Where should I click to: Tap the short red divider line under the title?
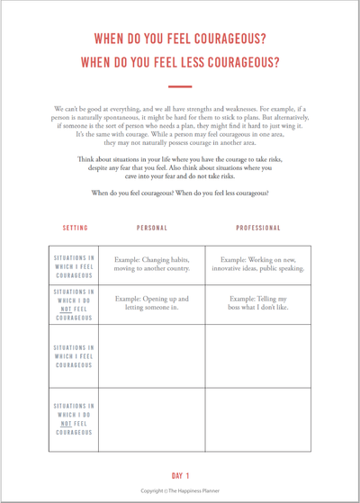click(x=180, y=87)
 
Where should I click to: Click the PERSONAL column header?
click(x=152, y=228)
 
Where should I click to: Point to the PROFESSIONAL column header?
click(x=258, y=228)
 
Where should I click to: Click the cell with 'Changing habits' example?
click(x=151, y=265)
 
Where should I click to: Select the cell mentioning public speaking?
click(x=258, y=265)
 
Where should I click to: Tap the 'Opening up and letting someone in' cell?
click(x=151, y=304)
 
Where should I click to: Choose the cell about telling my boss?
click(x=258, y=304)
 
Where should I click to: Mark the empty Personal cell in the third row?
click(x=151, y=355)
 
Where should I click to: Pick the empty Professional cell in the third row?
click(x=258, y=355)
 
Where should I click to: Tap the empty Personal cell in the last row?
click(x=151, y=418)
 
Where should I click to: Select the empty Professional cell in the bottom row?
click(x=258, y=418)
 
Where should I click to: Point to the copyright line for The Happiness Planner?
click(x=180, y=491)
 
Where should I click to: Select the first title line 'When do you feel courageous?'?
click(x=180, y=40)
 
